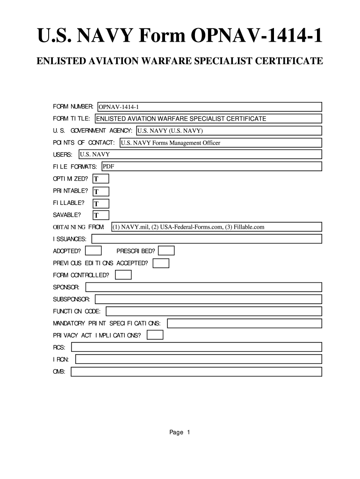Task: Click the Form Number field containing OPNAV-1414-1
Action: click(209, 107)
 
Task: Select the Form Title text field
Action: click(208, 119)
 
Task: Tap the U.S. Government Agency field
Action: click(229, 131)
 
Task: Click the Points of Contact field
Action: click(220, 143)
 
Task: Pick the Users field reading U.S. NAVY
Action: click(200, 154)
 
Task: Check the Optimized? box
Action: click(101, 179)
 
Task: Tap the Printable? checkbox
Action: click(101, 191)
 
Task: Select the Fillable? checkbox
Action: click(101, 203)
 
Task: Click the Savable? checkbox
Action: click(101, 215)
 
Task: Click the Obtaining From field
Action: click(216, 227)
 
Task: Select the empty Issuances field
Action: click(207, 239)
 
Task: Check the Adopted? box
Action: click(94, 251)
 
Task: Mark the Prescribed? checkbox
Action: click(166, 251)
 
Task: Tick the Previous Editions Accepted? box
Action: click(161, 263)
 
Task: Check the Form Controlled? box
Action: click(123, 275)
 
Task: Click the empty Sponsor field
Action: click(203, 287)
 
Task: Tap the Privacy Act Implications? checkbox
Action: click(155, 335)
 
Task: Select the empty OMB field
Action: click(196, 372)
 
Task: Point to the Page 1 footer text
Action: click(180, 433)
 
